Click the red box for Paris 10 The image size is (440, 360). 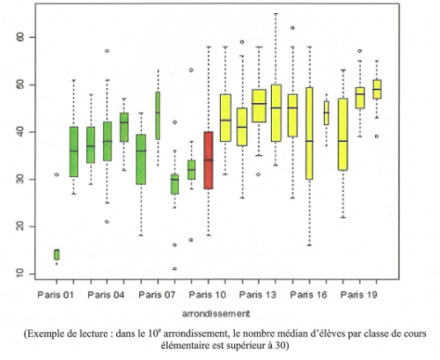(x=209, y=160)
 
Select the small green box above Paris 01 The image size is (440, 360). (x=56, y=254)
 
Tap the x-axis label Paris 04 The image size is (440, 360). (x=106, y=295)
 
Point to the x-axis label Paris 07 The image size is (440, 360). (x=157, y=295)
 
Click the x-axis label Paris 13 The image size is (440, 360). (x=258, y=295)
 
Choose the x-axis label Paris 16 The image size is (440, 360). (x=308, y=295)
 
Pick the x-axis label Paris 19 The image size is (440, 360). (x=359, y=295)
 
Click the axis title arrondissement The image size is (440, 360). (x=216, y=314)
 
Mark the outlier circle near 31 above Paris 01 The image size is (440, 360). (x=56, y=174)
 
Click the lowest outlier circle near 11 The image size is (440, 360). (x=174, y=268)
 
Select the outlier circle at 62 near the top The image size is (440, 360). (x=292, y=28)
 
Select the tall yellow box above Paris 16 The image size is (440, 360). (x=310, y=133)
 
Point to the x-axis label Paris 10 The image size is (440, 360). (x=207, y=295)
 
